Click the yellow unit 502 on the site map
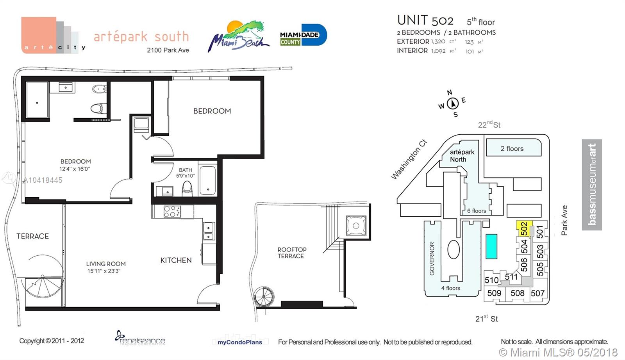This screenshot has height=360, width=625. tap(524, 229)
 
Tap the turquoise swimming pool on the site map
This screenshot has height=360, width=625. tap(491, 246)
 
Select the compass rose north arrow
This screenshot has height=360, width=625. tap(453, 103)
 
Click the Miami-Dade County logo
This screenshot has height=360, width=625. tap(304, 35)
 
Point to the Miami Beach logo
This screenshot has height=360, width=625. tap(238, 36)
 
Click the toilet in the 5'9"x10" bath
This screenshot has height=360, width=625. tap(187, 189)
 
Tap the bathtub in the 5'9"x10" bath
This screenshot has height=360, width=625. tap(208, 180)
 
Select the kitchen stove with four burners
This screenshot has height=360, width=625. tap(172, 211)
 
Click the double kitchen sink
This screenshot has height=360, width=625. tap(209, 231)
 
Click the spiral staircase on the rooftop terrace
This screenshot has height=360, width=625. tap(264, 296)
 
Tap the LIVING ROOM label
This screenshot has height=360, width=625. tap(106, 264)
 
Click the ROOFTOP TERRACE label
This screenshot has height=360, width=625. tap(291, 253)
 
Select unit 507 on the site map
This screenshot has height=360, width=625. tap(537, 293)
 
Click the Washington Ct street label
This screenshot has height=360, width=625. tap(409, 159)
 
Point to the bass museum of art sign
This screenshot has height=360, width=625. tap(592, 185)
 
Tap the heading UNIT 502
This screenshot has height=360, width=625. tap(425, 20)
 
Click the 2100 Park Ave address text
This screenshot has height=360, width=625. tap(168, 50)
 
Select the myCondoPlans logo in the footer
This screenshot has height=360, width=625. tap(240, 342)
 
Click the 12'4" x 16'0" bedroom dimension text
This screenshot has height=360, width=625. tap(75, 169)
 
